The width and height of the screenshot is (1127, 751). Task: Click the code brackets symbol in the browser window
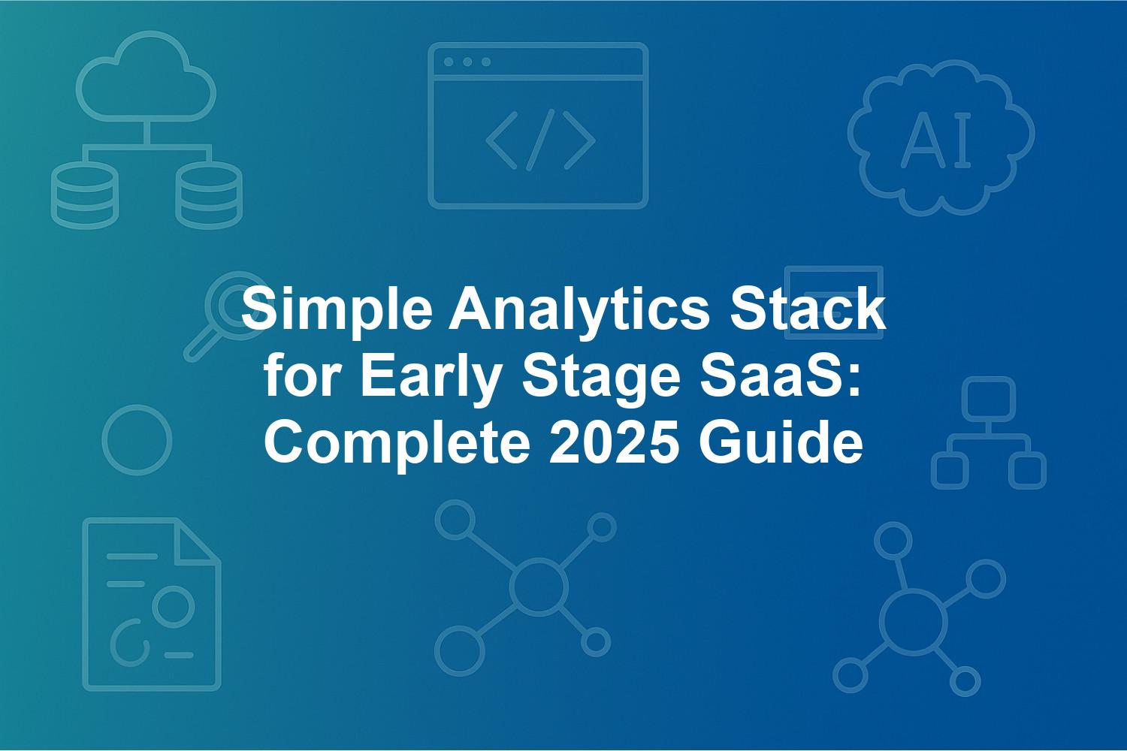point(540,140)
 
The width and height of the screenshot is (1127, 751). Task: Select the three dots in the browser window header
point(467,62)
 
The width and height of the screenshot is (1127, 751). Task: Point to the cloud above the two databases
point(147,76)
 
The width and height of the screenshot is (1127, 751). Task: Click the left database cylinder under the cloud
point(85,195)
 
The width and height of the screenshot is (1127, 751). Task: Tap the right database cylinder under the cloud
point(209,195)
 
